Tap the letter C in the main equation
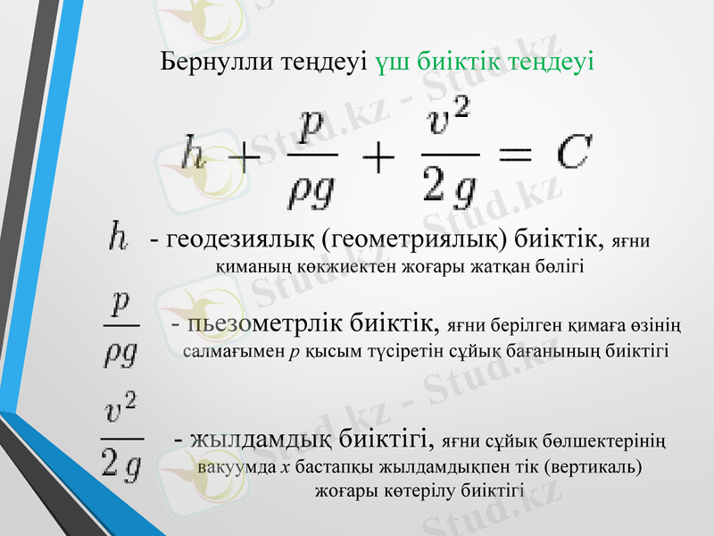(572, 153)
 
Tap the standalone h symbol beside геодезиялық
(117, 238)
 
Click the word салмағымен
(235, 350)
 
